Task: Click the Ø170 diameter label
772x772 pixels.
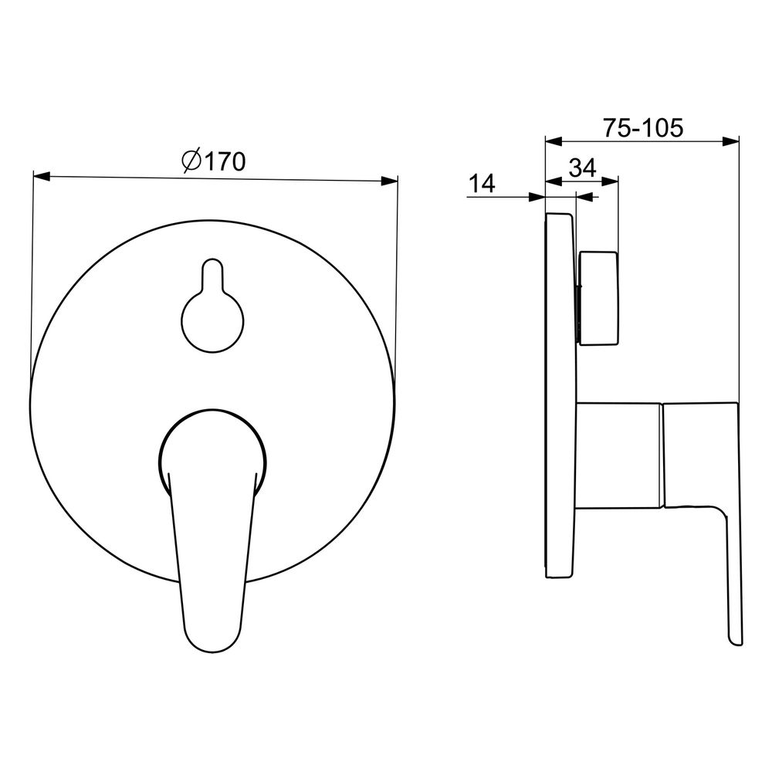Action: (214, 161)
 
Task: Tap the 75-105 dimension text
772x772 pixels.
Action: (644, 128)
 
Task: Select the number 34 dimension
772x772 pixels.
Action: (583, 168)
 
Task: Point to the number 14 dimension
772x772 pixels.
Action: (482, 185)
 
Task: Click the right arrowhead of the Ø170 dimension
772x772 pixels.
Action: (389, 181)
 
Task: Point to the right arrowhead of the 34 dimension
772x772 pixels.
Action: (610, 181)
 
